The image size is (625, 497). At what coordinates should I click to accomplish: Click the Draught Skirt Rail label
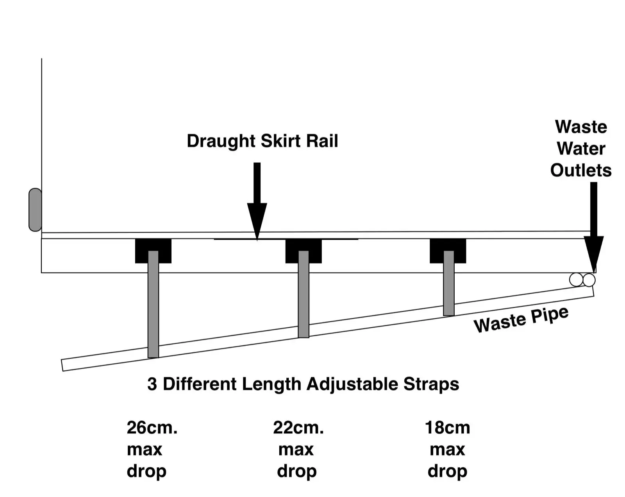(x=262, y=141)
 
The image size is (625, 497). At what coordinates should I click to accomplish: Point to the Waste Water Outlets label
(x=581, y=149)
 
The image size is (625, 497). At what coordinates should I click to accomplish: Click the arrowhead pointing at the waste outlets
(x=594, y=253)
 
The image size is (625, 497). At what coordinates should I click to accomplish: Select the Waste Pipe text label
(x=521, y=319)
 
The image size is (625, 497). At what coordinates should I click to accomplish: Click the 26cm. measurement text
(x=152, y=428)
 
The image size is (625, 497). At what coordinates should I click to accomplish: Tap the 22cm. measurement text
(x=298, y=428)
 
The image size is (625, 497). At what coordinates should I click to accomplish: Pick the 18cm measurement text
(x=447, y=428)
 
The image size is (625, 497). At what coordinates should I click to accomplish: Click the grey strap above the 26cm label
(x=153, y=305)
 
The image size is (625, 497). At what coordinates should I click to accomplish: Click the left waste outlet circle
(x=576, y=280)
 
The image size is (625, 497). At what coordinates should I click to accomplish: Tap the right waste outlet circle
(x=589, y=280)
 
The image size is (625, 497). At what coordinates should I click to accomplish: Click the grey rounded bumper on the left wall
(x=35, y=210)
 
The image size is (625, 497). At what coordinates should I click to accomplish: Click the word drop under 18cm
(x=447, y=471)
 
